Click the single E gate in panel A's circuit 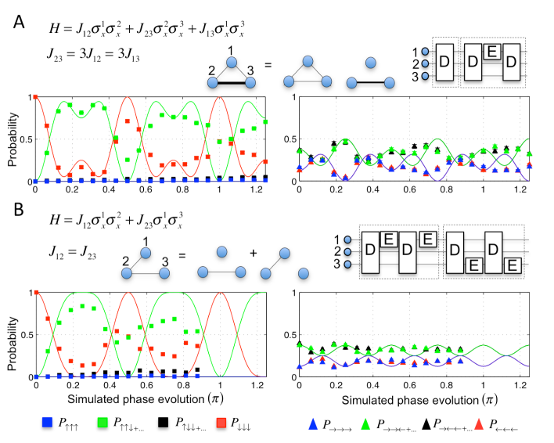click(x=492, y=52)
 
